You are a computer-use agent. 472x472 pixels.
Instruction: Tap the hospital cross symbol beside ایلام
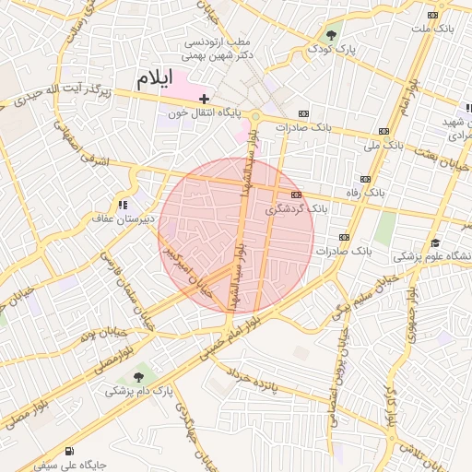coord(204,98)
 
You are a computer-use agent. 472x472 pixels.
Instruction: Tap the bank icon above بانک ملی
coord(383,132)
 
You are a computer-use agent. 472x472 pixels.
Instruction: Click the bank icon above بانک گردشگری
coord(296,195)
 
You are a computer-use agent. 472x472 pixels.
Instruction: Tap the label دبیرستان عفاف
coord(114,219)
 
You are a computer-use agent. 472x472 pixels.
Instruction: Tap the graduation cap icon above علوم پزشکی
coord(434,242)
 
